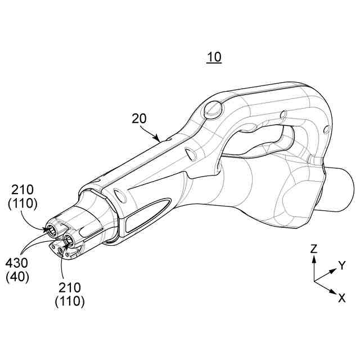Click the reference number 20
coord(139,119)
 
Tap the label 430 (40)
coord(17,270)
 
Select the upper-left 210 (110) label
coord(22,197)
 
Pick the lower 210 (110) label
coord(70,294)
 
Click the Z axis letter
coord(314,249)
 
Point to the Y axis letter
coord(342,265)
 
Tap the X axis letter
coord(341,298)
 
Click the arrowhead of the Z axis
coord(314,258)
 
